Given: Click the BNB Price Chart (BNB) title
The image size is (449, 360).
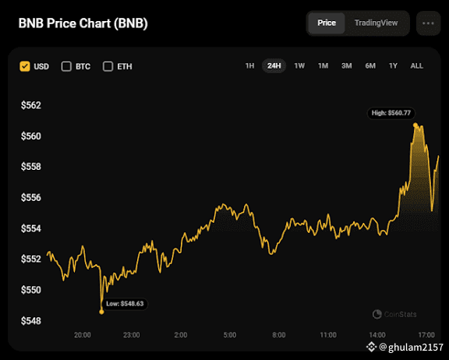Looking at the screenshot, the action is pos(83,23).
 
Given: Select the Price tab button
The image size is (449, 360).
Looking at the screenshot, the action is pos(327,23).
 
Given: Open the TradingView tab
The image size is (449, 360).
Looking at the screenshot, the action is pos(376,23).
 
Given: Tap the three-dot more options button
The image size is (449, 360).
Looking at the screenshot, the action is pos(428,23).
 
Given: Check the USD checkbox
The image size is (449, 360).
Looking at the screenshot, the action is pos(25,66).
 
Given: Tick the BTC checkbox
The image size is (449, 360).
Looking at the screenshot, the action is pos(66,66).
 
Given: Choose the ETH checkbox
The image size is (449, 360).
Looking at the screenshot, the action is pos(108,66).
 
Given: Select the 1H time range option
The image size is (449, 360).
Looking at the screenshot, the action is pos(249,65).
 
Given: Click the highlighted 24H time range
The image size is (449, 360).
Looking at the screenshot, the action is pos(274,65).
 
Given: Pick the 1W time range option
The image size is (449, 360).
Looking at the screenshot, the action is pos(299,65).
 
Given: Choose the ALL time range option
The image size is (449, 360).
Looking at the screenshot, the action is pos(416,65).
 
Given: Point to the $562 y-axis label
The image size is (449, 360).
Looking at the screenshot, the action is pos(31,105).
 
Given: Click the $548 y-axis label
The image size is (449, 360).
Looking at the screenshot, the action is pos(31,321).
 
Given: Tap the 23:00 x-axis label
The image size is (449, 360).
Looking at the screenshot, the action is pos(132,335).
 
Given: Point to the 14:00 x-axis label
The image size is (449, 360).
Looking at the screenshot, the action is pos(377,335).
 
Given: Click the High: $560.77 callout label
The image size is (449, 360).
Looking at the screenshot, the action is pos(391,113).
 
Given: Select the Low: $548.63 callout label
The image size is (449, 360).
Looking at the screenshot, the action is pos(125,304).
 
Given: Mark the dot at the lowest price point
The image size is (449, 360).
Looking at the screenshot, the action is pos(101,312).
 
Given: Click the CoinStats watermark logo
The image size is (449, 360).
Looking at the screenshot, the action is pos(377,314).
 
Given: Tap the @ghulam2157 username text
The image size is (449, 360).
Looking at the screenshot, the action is pos(411,347).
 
